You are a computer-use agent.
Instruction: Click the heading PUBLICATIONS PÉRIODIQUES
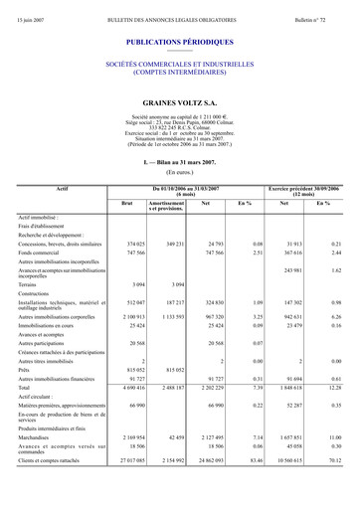pos(180,43)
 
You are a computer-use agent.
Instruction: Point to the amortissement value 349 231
pos(172,243)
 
